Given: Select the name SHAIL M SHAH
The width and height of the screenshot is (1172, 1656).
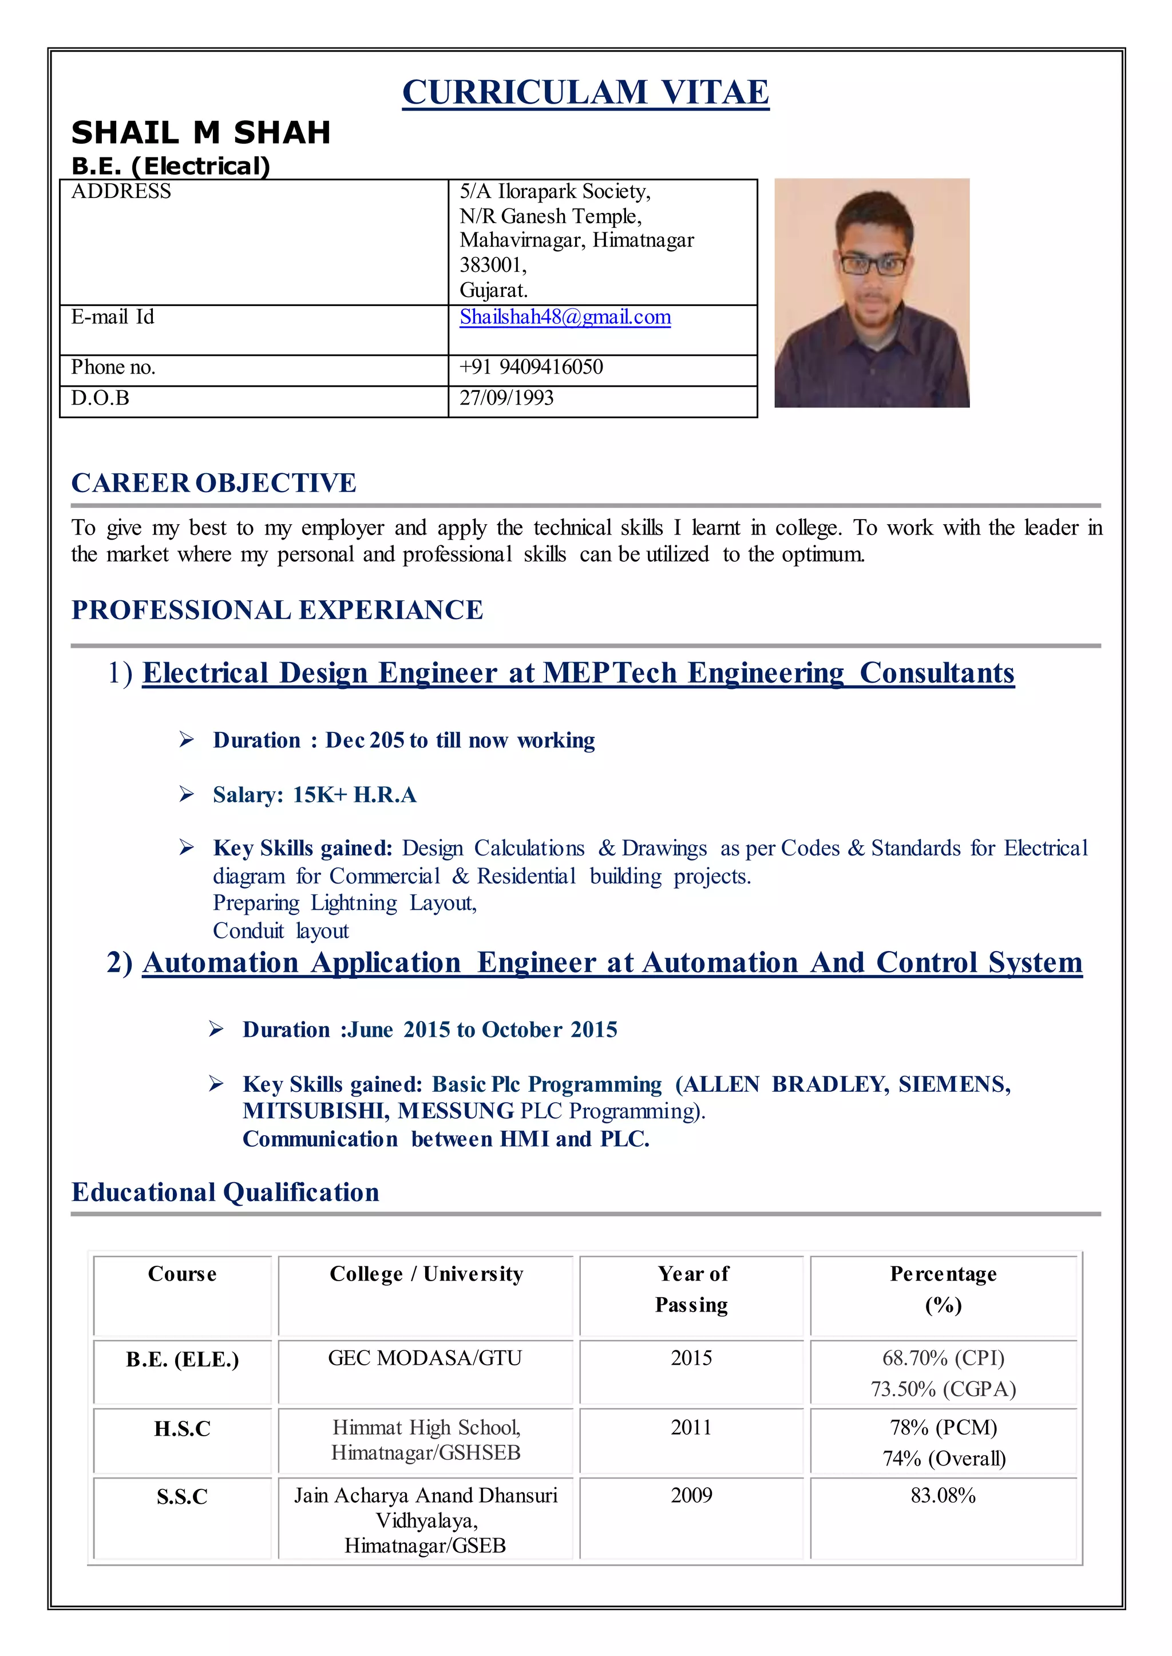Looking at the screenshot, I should pyautogui.click(x=201, y=133).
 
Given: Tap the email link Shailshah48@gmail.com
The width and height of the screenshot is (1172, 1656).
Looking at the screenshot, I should pyautogui.click(x=565, y=318).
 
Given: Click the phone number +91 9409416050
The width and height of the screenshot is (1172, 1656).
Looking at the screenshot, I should pyautogui.click(x=531, y=367).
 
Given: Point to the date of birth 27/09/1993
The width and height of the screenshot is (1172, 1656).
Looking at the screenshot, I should pyautogui.click(x=506, y=398).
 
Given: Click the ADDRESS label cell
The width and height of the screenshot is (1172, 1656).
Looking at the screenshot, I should pyautogui.click(x=121, y=192).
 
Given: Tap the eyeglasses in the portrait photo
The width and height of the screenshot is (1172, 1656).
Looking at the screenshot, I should pyautogui.click(x=871, y=265).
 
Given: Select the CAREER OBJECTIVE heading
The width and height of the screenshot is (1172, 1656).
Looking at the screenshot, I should pyautogui.click(x=213, y=483).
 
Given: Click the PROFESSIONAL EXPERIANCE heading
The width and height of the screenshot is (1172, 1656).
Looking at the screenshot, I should pyautogui.click(x=277, y=611).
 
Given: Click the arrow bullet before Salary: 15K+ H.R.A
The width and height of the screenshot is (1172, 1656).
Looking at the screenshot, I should pyautogui.click(x=186, y=794).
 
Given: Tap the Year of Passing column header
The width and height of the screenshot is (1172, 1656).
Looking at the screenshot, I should pyautogui.click(x=691, y=1289).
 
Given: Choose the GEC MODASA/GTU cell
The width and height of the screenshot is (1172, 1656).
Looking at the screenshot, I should pyautogui.click(x=425, y=1358).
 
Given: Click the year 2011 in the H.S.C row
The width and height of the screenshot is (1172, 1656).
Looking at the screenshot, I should pyautogui.click(x=691, y=1427).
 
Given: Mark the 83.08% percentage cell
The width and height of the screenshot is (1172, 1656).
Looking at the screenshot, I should pyautogui.click(x=943, y=1496).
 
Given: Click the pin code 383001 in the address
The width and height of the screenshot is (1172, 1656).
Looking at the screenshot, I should pyautogui.click(x=492, y=266).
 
